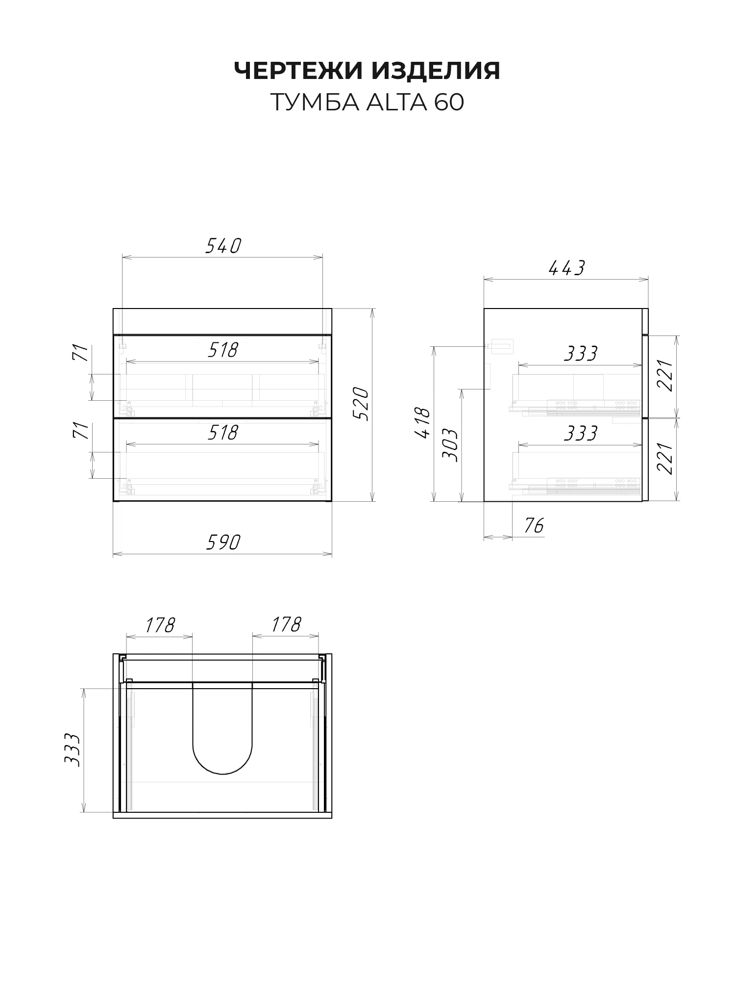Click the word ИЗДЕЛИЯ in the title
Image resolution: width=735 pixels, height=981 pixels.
436,71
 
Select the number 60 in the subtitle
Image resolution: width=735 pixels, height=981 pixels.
448,103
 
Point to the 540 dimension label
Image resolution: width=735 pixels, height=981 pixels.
223,246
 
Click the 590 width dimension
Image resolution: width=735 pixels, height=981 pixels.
223,542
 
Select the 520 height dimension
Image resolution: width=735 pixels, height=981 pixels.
361,404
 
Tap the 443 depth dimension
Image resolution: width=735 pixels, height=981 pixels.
566,268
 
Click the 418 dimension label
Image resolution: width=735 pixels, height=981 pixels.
422,423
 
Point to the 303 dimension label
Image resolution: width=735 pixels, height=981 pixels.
450,445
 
